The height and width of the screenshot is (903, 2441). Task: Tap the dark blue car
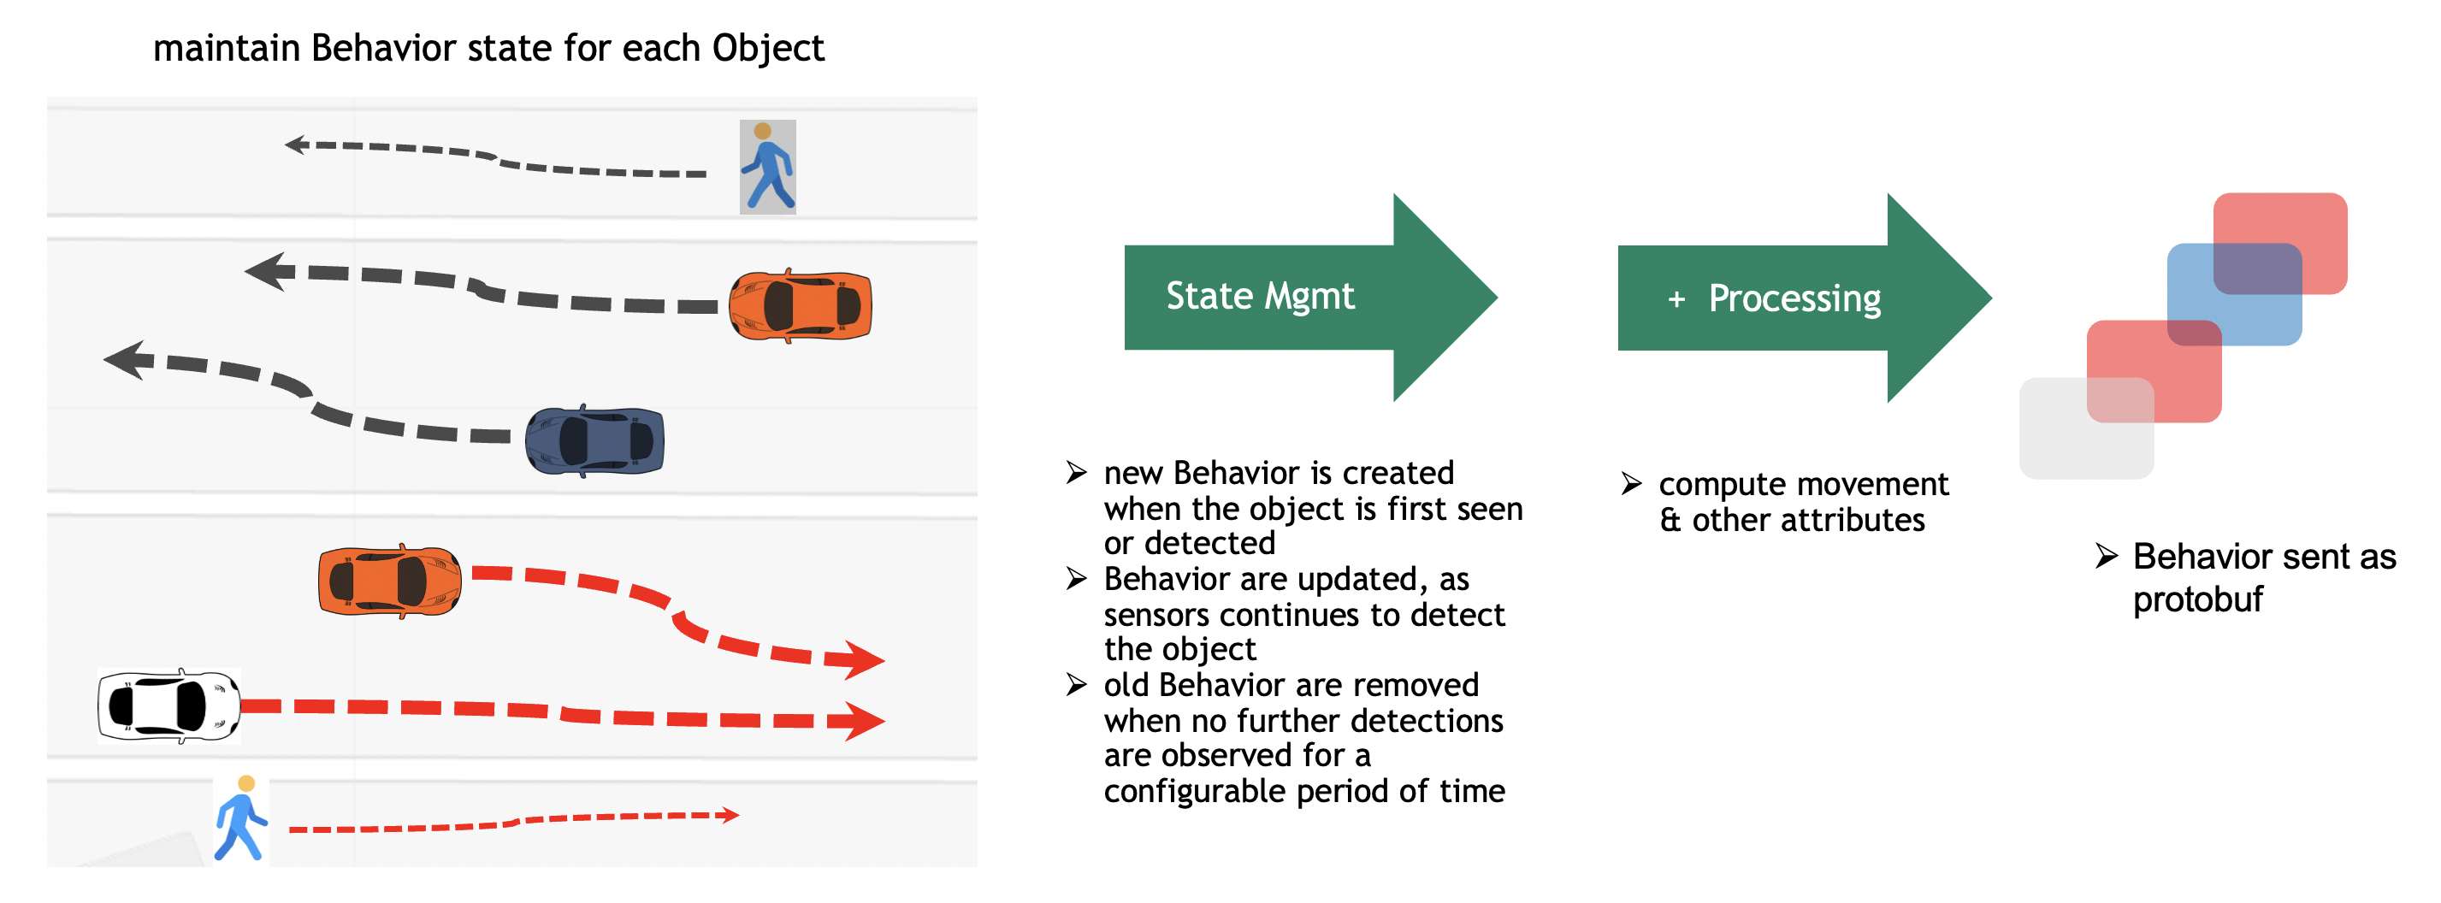coord(595,440)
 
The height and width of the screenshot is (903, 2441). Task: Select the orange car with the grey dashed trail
coord(801,306)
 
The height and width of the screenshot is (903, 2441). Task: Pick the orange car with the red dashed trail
coord(389,581)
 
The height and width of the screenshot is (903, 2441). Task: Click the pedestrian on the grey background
coord(767,168)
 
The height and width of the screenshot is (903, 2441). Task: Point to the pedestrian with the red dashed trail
coord(240,817)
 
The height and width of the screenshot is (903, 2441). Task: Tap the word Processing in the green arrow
coord(1794,298)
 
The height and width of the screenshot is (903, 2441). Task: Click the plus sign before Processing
coord(1676,299)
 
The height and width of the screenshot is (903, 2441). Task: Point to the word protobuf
coord(2197,599)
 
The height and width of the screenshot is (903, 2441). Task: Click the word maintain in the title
coord(226,49)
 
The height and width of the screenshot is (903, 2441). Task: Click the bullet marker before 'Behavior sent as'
coord(2106,556)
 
